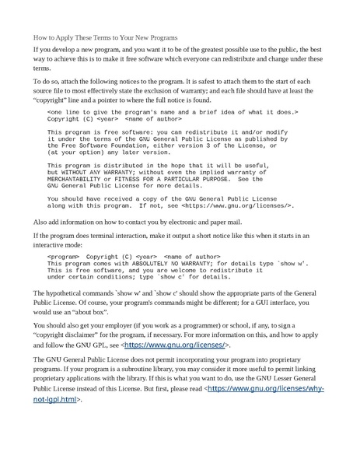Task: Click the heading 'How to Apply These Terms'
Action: [x=105, y=37]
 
